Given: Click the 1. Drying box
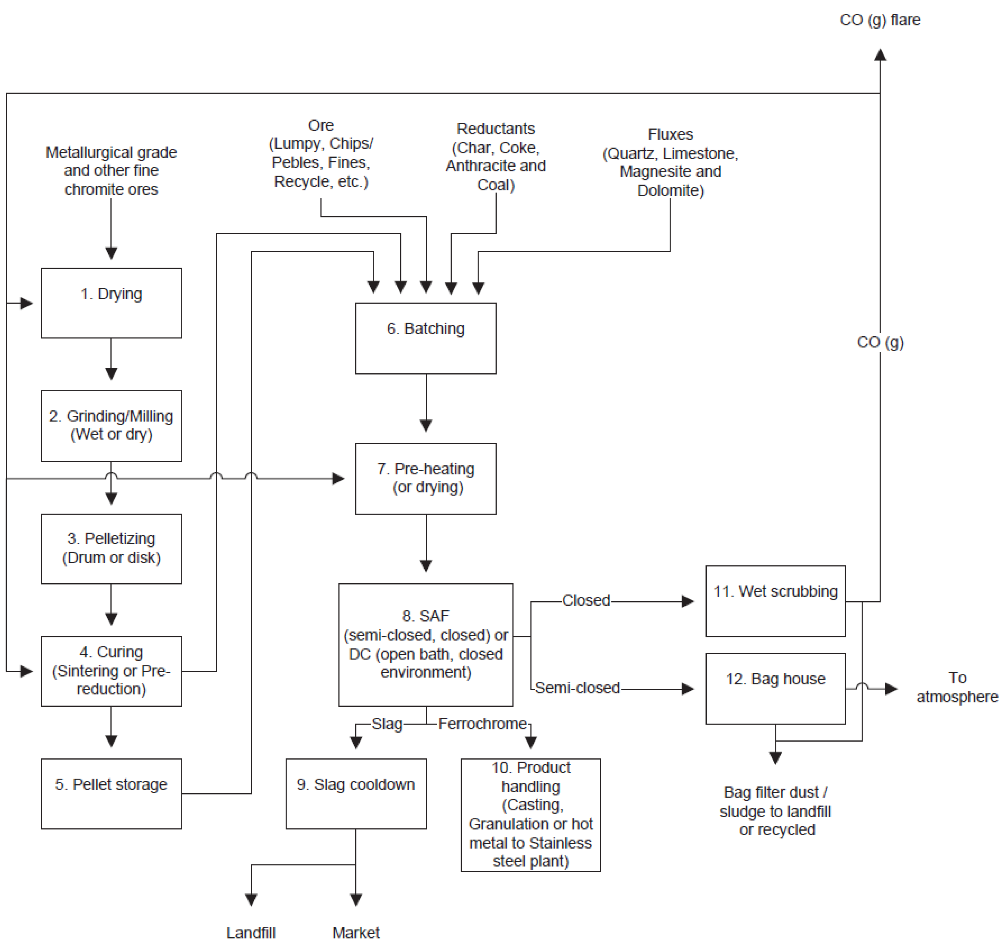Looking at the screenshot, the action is (111, 303).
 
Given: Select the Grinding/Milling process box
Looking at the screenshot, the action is (111, 426).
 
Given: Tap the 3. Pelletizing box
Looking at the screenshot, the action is (111, 549).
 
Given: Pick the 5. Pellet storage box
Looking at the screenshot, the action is (111, 794).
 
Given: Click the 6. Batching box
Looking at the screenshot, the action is (426, 338).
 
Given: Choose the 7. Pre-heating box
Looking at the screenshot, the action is (426, 478).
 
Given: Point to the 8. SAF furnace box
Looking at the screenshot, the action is (426, 645).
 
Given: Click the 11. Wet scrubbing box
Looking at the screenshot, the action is (775, 601).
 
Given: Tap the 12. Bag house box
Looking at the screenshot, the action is (775, 688).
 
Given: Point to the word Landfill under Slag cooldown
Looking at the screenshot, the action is (251, 932).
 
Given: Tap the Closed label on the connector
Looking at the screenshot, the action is (586, 600).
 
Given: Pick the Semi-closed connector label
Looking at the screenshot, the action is (578, 688).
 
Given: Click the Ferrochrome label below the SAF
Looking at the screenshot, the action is (483, 724).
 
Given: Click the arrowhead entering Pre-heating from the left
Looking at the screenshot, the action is (338, 478).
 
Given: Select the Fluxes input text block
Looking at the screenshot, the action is (671, 162).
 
